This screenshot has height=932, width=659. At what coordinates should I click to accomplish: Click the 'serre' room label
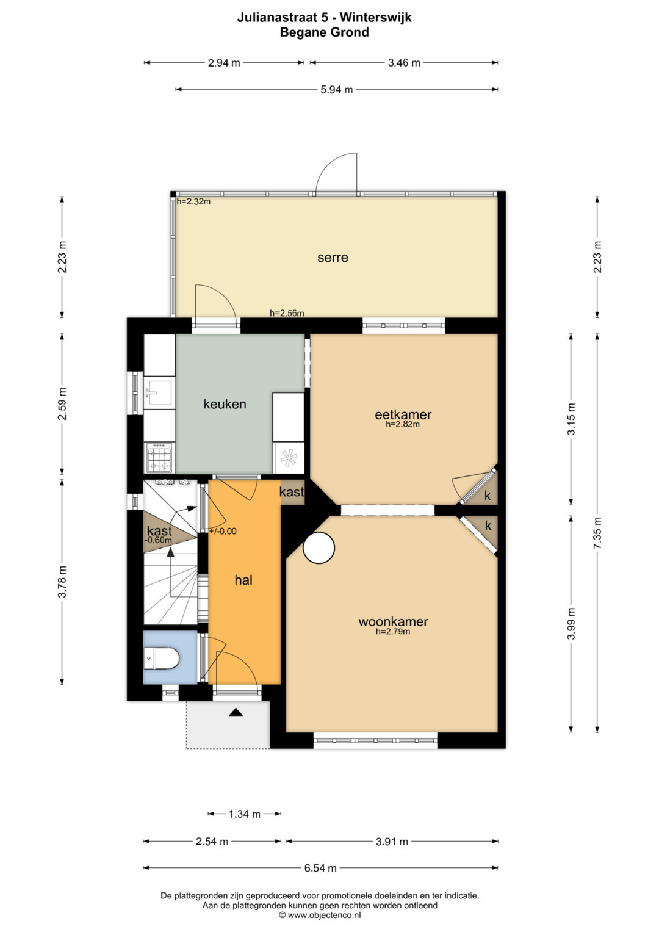pos(333,258)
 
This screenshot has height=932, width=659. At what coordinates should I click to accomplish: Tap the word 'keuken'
pos(225,404)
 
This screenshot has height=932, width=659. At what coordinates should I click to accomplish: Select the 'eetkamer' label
pos(403,414)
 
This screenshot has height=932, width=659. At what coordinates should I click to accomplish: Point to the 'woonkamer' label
pos(393,621)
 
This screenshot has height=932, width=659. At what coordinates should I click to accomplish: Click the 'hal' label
pos(243,580)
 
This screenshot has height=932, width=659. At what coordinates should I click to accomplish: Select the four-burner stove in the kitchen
pos(160,458)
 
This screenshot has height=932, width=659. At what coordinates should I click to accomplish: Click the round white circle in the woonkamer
pos(319,548)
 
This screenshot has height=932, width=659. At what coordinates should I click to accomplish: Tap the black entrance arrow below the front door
pos(236,712)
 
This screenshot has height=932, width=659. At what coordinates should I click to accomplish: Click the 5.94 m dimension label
pos(337,90)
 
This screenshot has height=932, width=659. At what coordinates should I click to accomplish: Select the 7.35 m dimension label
pos(598,533)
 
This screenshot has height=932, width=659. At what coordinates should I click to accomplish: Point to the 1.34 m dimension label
pos(244,814)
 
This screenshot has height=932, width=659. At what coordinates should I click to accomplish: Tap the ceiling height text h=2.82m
pos(403,424)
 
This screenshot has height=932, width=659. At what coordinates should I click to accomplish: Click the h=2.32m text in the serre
pos(193,202)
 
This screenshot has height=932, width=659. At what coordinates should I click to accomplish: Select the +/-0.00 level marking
pos(223,532)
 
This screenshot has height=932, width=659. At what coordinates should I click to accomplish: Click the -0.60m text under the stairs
pos(158,540)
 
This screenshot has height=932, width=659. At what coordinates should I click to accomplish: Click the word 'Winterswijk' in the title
pos(376,18)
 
